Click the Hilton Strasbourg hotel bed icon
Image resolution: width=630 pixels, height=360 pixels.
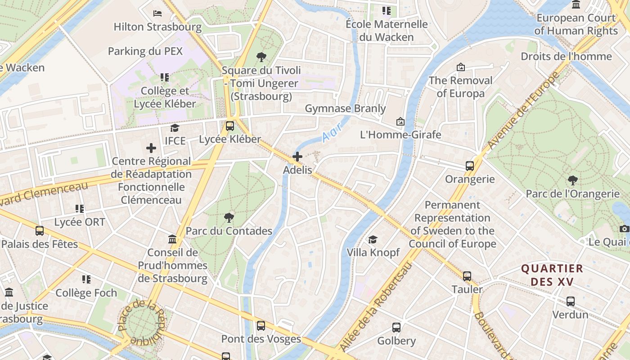click(x=157, y=13)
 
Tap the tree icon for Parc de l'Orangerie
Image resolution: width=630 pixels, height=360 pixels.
click(x=573, y=180)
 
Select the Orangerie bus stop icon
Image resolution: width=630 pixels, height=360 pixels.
click(x=470, y=166)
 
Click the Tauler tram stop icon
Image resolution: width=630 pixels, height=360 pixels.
click(x=467, y=276)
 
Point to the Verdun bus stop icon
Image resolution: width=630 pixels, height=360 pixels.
click(x=571, y=301)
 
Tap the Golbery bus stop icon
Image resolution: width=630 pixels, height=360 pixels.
click(x=396, y=327)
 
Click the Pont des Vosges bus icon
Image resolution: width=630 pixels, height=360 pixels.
click(x=261, y=325)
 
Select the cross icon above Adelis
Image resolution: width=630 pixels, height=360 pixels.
click(x=297, y=157)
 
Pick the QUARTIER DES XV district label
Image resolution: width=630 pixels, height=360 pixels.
click(x=552, y=275)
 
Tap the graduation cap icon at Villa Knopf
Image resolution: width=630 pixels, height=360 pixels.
click(x=373, y=239)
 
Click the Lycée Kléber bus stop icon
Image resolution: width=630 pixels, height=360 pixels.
click(x=230, y=126)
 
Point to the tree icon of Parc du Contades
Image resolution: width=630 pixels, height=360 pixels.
click(x=229, y=218)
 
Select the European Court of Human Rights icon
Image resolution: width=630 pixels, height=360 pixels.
click(x=576, y=4)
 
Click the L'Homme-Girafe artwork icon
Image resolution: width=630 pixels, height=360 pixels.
click(x=400, y=121)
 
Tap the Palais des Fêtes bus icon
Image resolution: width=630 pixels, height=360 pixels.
click(x=40, y=231)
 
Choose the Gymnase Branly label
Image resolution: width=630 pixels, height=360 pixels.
click(x=345, y=108)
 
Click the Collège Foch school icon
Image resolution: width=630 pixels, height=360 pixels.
click(x=86, y=279)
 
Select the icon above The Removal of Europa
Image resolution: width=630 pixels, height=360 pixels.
click(x=461, y=67)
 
